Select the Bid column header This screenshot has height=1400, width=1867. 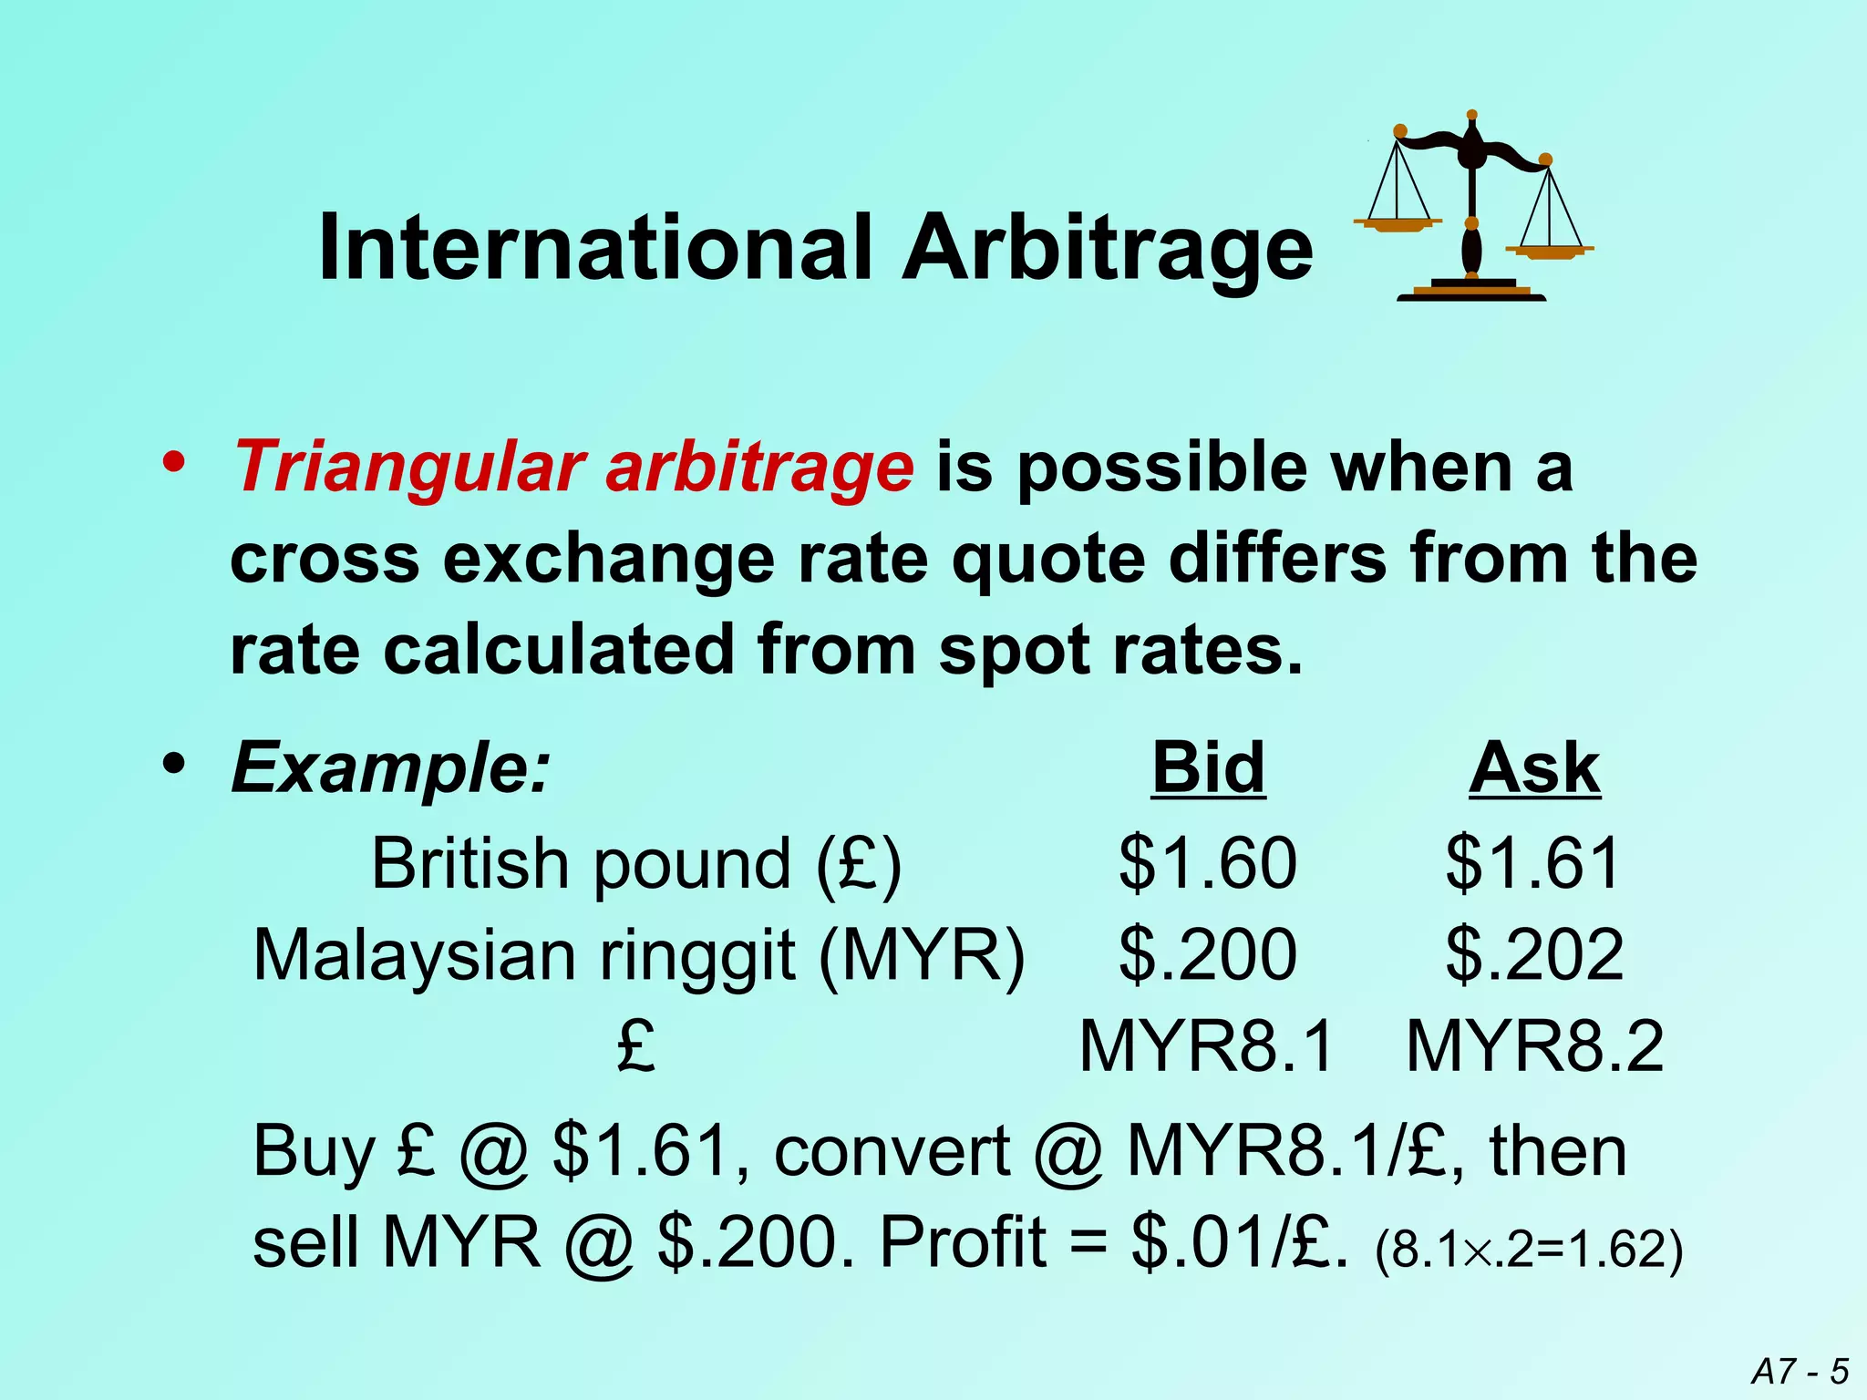(1208, 768)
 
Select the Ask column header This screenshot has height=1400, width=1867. (1534, 768)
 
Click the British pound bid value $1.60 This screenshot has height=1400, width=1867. (1208, 862)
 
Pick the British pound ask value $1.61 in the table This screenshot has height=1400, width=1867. (1533, 862)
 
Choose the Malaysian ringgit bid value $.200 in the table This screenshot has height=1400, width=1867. (1208, 954)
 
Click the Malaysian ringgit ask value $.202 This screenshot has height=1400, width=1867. (1534, 954)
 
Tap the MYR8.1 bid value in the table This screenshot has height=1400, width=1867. (1206, 1046)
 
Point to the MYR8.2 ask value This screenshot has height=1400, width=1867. (1535, 1046)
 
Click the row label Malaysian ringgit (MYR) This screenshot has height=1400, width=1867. (639, 956)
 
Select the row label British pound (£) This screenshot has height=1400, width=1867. (636, 863)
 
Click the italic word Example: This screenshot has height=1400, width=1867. (391, 768)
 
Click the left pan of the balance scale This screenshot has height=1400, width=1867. (1397, 222)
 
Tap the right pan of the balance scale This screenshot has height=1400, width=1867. (1549, 250)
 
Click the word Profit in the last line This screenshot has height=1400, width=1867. (963, 1242)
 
